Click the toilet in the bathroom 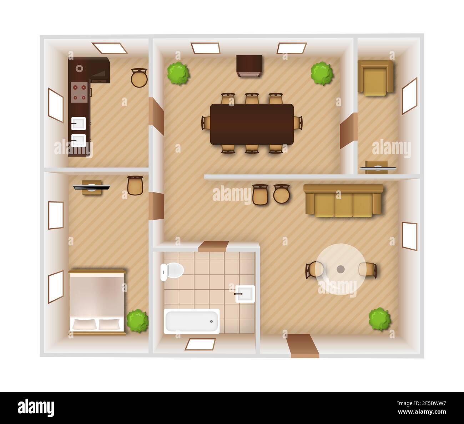click(x=171, y=271)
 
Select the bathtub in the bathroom click(x=192, y=321)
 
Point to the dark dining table click(x=252, y=124)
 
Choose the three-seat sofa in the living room click(x=343, y=201)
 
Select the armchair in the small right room click(x=375, y=78)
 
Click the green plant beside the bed click(x=137, y=320)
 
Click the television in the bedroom click(x=91, y=186)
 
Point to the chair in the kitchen click(x=139, y=78)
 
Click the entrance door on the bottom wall click(x=303, y=345)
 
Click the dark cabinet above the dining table click(x=249, y=66)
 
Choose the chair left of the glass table click(x=314, y=270)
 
